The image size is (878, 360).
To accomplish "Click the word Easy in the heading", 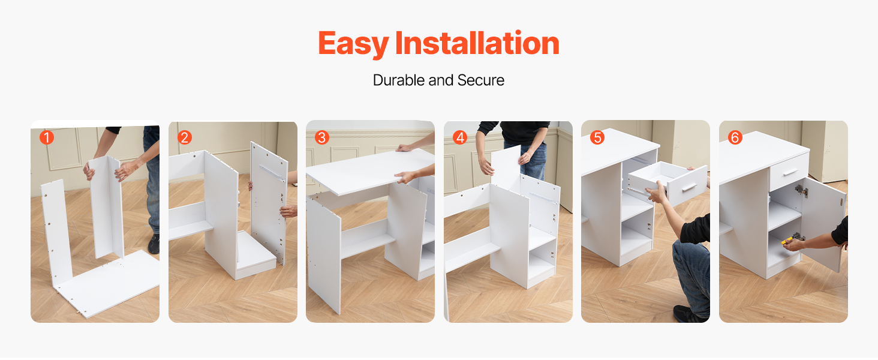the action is (x=353, y=44).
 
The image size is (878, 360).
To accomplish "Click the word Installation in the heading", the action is (x=477, y=43).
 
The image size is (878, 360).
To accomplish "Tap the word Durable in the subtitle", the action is (x=399, y=80).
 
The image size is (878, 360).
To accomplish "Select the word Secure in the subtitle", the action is (x=480, y=80).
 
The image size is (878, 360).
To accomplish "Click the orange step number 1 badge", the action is (x=47, y=137).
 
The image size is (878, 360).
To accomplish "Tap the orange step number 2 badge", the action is (x=184, y=137).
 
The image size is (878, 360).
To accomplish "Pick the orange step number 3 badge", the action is (x=322, y=137).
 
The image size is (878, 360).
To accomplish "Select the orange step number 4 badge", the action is (x=460, y=137).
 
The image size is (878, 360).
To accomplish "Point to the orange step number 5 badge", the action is (x=597, y=137).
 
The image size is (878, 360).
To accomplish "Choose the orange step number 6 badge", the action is (x=735, y=137).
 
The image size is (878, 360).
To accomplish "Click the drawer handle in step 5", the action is (x=690, y=187).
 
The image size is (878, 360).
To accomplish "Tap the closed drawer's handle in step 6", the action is (x=790, y=172).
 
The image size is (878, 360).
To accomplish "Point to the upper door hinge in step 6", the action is (x=802, y=191).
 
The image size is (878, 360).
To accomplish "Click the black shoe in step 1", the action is (x=154, y=244).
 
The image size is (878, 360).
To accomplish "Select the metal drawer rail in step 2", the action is (x=272, y=173).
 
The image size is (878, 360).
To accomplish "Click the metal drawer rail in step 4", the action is (x=543, y=198).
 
